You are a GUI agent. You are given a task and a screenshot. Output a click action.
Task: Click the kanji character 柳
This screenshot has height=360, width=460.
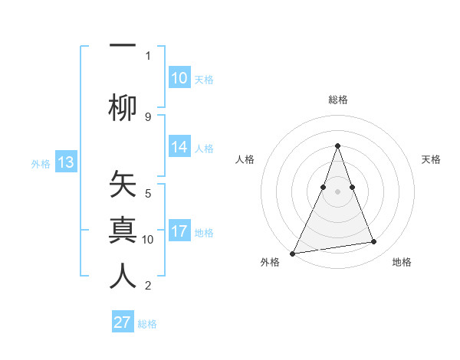[x=123, y=107]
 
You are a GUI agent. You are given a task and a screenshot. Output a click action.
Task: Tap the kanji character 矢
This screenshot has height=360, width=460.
[x=123, y=186]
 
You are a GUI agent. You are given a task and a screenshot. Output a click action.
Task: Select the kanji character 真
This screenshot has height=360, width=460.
[x=123, y=231]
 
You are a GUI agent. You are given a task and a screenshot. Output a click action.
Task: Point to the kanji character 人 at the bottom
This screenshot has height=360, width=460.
[x=123, y=276]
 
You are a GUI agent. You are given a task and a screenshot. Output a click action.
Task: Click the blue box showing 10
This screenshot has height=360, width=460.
[x=179, y=78]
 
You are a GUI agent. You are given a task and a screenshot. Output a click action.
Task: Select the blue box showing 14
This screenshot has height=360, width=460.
[x=179, y=148]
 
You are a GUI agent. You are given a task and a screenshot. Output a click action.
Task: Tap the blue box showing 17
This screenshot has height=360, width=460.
[x=179, y=232]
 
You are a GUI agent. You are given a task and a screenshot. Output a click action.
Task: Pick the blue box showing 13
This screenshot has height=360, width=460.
[x=65, y=162]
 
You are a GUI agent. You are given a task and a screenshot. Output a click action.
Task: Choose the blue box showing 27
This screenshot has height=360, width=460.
[x=123, y=322]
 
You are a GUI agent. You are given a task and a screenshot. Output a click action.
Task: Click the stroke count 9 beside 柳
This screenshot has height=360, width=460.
[x=148, y=116]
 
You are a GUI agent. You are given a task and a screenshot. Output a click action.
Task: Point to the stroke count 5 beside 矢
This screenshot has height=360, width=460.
[x=148, y=194]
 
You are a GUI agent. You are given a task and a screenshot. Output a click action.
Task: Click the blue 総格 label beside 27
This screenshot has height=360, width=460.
[x=147, y=324]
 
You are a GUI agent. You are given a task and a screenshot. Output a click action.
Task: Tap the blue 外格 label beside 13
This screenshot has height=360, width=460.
[x=41, y=163]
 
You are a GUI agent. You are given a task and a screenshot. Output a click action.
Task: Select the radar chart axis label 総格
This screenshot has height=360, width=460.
[x=337, y=100]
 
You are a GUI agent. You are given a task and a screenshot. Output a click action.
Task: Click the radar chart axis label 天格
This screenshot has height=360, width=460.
[x=431, y=159]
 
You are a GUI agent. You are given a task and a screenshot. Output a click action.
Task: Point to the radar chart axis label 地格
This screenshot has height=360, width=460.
[x=402, y=262]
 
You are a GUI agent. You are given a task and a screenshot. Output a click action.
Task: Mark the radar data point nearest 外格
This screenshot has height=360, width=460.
[x=292, y=253]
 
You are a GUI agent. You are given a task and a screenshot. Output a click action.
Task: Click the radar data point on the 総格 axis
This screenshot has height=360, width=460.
[x=337, y=146]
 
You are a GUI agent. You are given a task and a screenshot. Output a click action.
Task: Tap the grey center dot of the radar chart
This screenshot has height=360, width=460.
[x=337, y=191]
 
